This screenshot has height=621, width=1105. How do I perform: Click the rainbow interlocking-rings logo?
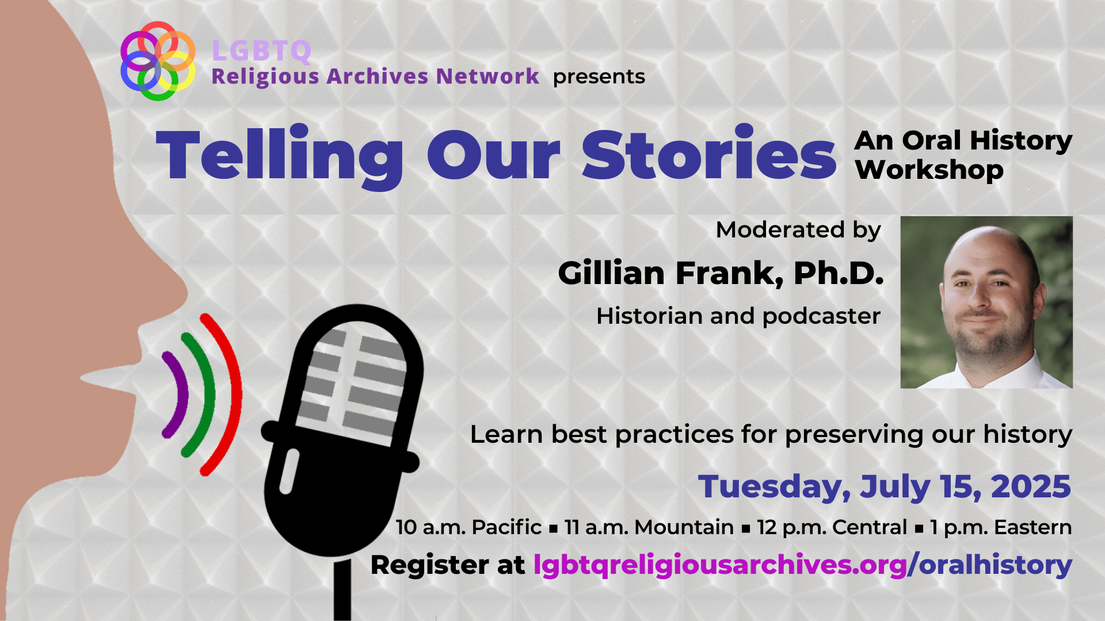click(157, 60)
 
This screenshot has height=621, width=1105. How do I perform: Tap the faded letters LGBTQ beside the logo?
click(262, 51)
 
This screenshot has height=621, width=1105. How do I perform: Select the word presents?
click(599, 77)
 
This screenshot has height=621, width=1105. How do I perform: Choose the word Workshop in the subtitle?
click(929, 170)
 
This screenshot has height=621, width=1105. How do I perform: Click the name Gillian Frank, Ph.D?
click(721, 273)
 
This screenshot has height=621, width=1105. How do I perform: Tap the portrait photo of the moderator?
click(986, 302)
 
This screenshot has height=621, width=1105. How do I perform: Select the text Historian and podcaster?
click(738, 316)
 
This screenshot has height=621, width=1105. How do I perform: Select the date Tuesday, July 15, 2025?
click(885, 486)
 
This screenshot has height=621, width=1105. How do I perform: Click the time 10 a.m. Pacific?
click(468, 527)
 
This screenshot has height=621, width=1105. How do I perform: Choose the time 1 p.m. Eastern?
click(1001, 527)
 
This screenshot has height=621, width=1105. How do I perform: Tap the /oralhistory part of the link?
click(990, 565)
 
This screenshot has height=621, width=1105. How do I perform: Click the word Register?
click(430, 566)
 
